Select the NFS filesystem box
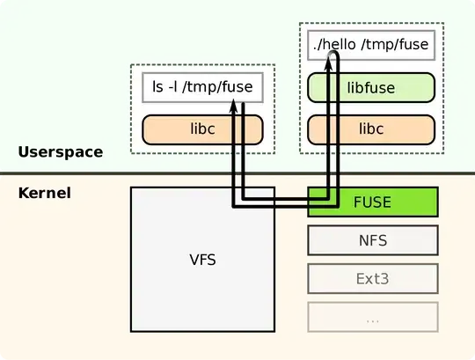click(372, 239)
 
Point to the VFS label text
click(202, 260)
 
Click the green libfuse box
click(372, 88)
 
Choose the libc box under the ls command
click(203, 129)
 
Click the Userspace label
click(60, 152)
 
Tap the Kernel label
click(44, 192)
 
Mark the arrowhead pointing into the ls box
click(236, 106)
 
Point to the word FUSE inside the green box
click(372, 202)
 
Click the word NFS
click(372, 239)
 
